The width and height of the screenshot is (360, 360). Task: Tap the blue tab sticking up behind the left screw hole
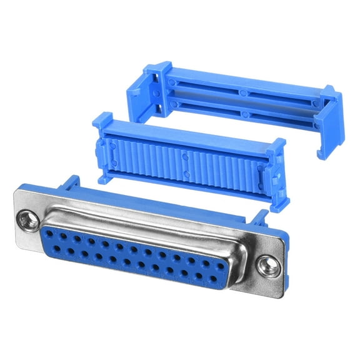(x=70, y=182)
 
